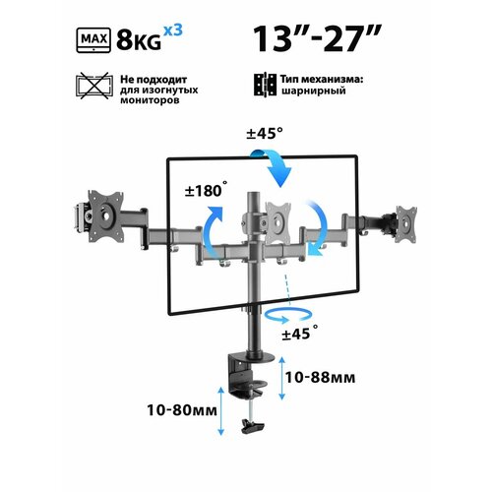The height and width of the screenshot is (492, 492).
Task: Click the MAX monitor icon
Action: (93, 40)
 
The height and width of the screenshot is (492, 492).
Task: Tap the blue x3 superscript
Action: (172, 31)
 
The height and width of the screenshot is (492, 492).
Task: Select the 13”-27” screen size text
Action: (317, 39)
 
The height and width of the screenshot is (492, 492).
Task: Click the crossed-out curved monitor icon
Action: (94, 86)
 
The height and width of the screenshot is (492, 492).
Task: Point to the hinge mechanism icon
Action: (265, 85)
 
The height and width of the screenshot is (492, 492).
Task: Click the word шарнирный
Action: (313, 91)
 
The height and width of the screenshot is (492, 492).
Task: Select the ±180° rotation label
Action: (206, 190)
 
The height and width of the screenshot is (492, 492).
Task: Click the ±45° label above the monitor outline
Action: (265, 134)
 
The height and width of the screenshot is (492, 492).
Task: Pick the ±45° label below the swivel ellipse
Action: (299, 333)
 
